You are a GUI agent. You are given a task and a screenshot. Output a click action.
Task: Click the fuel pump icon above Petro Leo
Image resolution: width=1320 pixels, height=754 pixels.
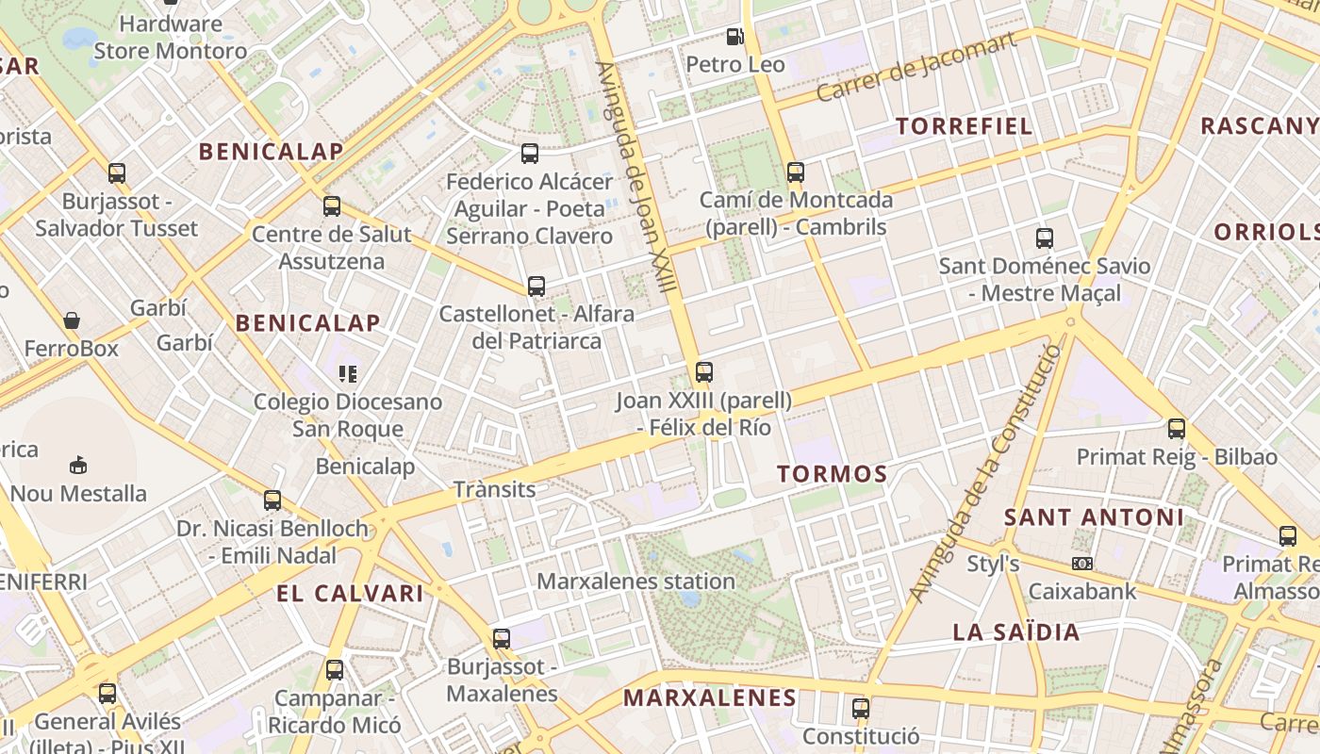[x=734, y=37]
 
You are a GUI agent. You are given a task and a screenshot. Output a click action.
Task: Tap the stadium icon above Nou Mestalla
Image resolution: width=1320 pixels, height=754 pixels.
[x=78, y=465]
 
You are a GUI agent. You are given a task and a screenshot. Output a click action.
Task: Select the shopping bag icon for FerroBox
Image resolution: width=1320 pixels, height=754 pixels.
[x=72, y=321]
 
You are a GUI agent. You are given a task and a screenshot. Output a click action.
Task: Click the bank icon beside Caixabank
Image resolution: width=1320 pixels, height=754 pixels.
[x=1082, y=564]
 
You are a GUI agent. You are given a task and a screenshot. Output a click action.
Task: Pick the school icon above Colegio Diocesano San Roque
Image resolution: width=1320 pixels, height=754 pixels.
[x=348, y=374]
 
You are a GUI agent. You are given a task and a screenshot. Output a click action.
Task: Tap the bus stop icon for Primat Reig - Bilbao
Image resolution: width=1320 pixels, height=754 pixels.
[x=1177, y=429]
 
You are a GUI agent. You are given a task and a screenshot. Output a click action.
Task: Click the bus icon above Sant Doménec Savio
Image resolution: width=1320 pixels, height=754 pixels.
[x=1045, y=238]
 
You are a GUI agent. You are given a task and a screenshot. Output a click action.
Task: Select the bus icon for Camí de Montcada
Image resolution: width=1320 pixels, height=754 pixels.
[x=796, y=172]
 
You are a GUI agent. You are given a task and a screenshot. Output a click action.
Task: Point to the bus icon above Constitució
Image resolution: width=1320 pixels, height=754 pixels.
[x=861, y=708]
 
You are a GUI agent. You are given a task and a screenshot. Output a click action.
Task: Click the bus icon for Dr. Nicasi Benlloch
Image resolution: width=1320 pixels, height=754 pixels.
[x=272, y=500]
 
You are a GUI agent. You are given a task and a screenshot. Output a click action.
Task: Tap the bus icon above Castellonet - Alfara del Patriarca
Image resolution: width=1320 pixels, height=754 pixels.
[x=536, y=287]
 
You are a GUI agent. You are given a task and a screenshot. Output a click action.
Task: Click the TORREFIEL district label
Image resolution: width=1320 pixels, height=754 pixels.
[x=964, y=126]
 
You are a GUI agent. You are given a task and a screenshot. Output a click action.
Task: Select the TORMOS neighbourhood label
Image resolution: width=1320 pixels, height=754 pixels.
[x=833, y=474]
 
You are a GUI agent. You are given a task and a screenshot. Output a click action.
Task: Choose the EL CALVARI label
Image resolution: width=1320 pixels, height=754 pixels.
[x=350, y=594]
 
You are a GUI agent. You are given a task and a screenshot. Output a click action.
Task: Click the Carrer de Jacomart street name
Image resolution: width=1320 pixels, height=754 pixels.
[x=916, y=66]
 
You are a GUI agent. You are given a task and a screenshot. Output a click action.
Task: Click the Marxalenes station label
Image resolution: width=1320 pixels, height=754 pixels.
[x=635, y=582]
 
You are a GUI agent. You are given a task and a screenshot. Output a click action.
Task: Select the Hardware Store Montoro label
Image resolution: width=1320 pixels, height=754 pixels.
[x=171, y=38]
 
